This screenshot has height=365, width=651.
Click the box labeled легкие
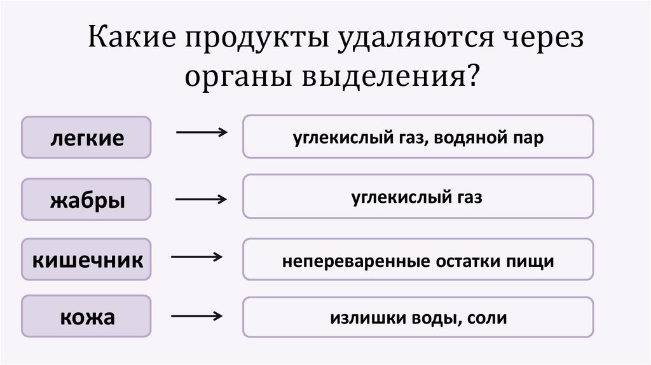tap(86, 137)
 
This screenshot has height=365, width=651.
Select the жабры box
tap(86, 199)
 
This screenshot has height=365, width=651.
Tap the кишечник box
tap(86, 259)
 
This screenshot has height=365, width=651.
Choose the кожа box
tap(86, 316)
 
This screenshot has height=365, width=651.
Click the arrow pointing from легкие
tap(201, 132)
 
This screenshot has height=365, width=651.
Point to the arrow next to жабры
tap(201, 199)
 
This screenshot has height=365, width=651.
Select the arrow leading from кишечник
tap(196, 257)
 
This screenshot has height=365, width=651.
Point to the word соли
tap(486, 318)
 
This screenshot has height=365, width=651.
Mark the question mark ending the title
tap(472, 78)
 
